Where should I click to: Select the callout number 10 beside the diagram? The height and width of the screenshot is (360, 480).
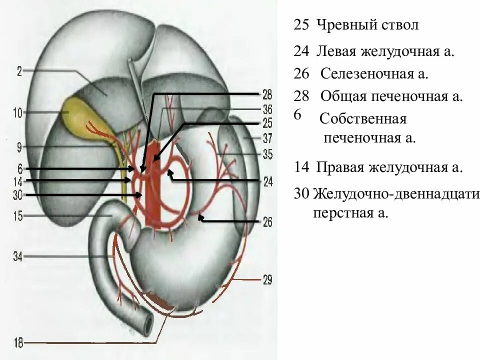17,113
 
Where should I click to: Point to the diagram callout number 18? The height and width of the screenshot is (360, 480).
17,343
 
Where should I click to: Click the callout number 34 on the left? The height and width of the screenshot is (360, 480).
17,257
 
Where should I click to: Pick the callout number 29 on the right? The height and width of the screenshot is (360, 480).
267,280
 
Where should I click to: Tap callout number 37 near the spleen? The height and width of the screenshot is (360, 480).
267,137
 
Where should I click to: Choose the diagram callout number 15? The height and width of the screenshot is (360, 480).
17,216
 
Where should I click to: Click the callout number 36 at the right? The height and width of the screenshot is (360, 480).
267,110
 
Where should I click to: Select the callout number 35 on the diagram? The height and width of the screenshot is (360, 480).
267,154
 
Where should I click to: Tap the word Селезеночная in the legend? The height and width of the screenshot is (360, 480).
360,74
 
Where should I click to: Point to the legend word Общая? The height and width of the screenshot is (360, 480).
339,96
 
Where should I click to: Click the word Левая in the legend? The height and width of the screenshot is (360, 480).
334,50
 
